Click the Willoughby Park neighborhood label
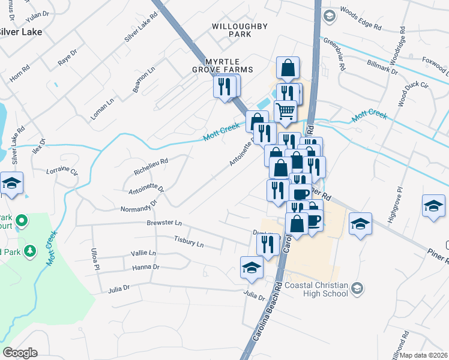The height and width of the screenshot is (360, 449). coord(231,31)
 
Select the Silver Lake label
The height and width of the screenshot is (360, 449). coord(21,32)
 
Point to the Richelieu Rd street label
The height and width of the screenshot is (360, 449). coord(151,166)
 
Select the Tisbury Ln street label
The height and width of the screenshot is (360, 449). coord(188,244)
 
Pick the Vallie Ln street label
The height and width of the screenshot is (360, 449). coord(143,253)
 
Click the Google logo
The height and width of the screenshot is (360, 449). coord(20,353)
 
